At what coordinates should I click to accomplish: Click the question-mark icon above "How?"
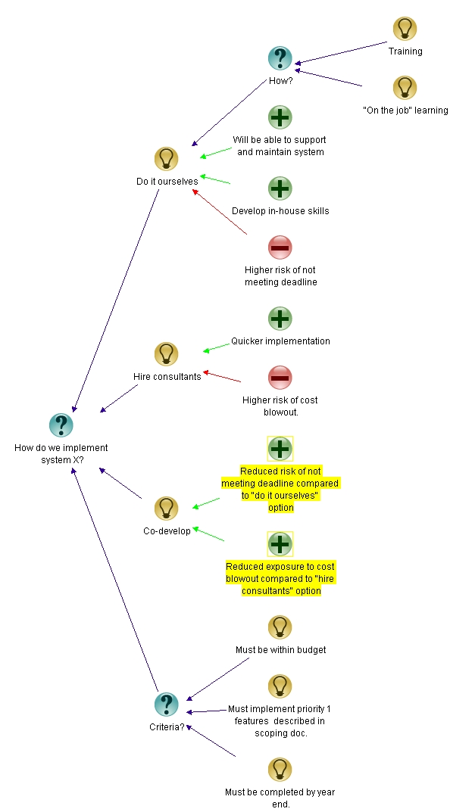tap(280, 58)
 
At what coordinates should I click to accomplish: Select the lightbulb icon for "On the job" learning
tap(405, 88)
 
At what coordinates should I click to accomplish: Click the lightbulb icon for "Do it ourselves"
tap(167, 159)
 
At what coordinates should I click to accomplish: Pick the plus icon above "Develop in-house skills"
tap(280, 188)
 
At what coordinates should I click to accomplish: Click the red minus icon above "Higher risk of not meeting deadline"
tap(280, 247)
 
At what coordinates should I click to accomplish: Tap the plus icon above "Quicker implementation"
tap(280, 319)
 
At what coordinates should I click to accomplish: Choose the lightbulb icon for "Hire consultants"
tap(167, 354)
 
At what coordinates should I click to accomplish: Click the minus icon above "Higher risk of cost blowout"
tap(280, 378)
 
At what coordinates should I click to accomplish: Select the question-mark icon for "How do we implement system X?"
tap(61, 425)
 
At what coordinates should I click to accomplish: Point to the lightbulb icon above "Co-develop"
tap(167, 509)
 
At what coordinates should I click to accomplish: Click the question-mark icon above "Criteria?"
tap(167, 705)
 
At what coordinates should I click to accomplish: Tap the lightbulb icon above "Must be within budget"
tap(280, 627)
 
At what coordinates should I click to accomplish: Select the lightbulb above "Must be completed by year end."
tap(280, 770)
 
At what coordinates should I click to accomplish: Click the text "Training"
tap(405, 51)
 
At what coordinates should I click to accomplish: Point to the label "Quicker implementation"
tap(280, 341)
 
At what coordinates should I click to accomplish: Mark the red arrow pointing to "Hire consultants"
tap(223, 377)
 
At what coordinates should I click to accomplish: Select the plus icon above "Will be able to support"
tap(280, 117)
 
